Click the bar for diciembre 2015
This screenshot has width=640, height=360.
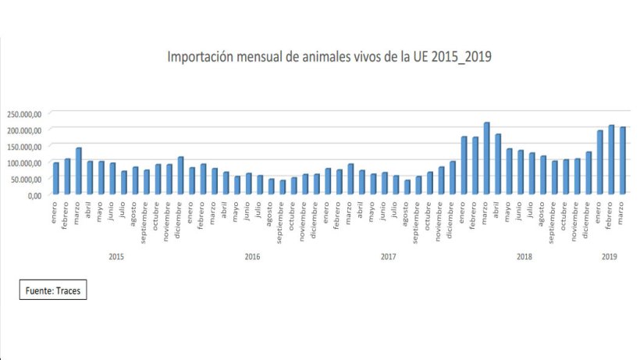pos(180,176)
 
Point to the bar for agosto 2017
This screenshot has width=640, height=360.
pos(407,187)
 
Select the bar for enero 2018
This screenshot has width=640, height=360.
pos(464,166)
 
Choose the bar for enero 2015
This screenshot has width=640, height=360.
pos(55,179)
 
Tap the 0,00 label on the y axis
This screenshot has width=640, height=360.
pos(34,195)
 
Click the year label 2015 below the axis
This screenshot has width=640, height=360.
pos(116,256)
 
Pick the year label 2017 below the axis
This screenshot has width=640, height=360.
pos(388,256)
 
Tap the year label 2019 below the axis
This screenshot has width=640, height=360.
pos(610,256)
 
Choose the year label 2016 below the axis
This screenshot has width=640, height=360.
pos(252,256)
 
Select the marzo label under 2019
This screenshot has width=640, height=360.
pos(624,212)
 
